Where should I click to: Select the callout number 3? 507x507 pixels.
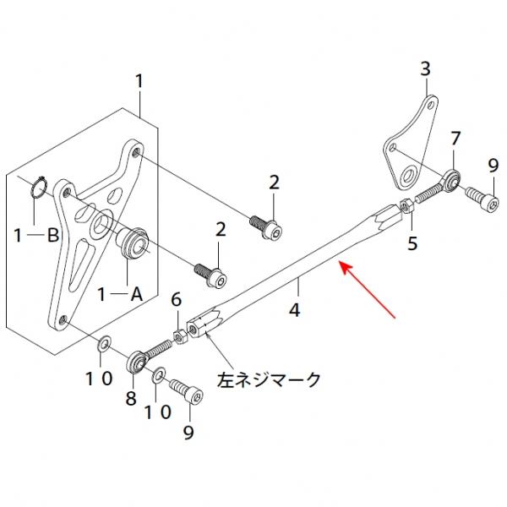425,68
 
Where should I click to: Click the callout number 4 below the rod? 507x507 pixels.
294,309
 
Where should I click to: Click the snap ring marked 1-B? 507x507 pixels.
34,187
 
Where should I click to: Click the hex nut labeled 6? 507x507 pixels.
180,336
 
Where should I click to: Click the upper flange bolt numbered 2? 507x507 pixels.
267,226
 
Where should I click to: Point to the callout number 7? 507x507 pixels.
455,138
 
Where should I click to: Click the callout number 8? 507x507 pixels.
131,399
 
